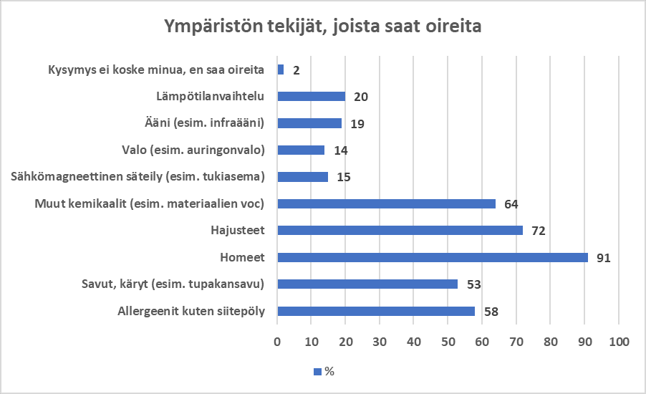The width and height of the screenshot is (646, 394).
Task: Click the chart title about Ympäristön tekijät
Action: [x=322, y=27]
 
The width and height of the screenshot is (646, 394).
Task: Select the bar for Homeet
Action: [x=432, y=257]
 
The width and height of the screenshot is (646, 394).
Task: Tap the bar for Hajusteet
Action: [x=400, y=231]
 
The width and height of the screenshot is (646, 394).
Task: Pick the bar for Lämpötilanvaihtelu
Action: [x=311, y=96]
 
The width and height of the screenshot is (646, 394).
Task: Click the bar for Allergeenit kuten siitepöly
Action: [x=376, y=311]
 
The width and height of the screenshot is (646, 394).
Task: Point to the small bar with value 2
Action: [x=280, y=69]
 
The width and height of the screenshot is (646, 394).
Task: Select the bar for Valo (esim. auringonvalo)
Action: [x=301, y=150]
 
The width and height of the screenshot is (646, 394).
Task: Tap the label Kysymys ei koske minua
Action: [x=156, y=69]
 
